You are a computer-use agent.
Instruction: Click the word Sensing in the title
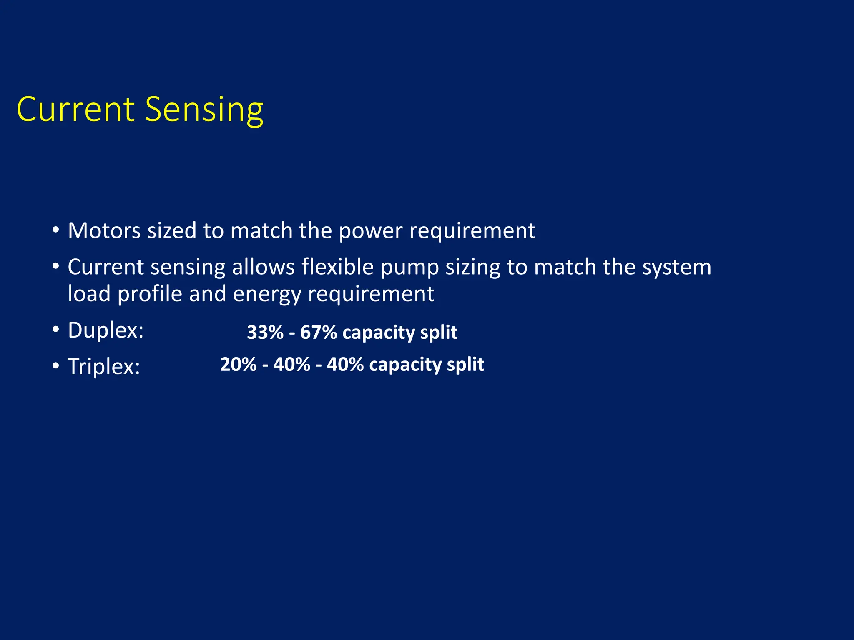204,110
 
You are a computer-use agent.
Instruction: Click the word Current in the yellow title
75,110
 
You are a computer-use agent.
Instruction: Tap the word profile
150,294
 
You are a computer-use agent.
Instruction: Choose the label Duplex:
105,330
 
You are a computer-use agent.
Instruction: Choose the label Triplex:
104,367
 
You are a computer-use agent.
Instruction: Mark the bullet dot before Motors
56,230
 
